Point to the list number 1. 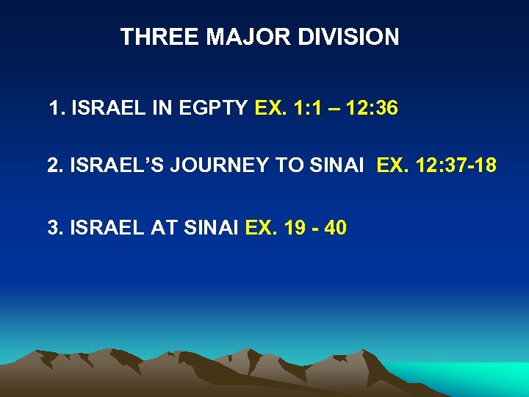(54, 109)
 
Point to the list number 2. (54, 166)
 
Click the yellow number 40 (335, 228)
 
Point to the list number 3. (54, 228)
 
